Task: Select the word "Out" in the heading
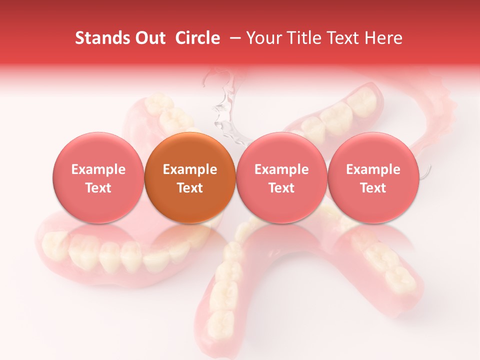click(x=148, y=38)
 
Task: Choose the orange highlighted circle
click(x=190, y=178)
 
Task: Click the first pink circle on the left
click(x=98, y=178)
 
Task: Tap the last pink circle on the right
click(x=373, y=178)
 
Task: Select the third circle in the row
click(x=281, y=178)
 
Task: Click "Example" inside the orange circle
click(x=190, y=169)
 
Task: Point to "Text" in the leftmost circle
click(x=98, y=188)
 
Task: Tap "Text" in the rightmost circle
click(x=373, y=188)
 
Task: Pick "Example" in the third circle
click(x=281, y=169)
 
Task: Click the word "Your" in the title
click(x=262, y=38)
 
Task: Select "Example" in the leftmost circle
click(x=98, y=169)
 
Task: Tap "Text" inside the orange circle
click(x=190, y=188)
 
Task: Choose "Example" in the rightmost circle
click(x=373, y=169)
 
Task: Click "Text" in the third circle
click(x=281, y=188)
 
